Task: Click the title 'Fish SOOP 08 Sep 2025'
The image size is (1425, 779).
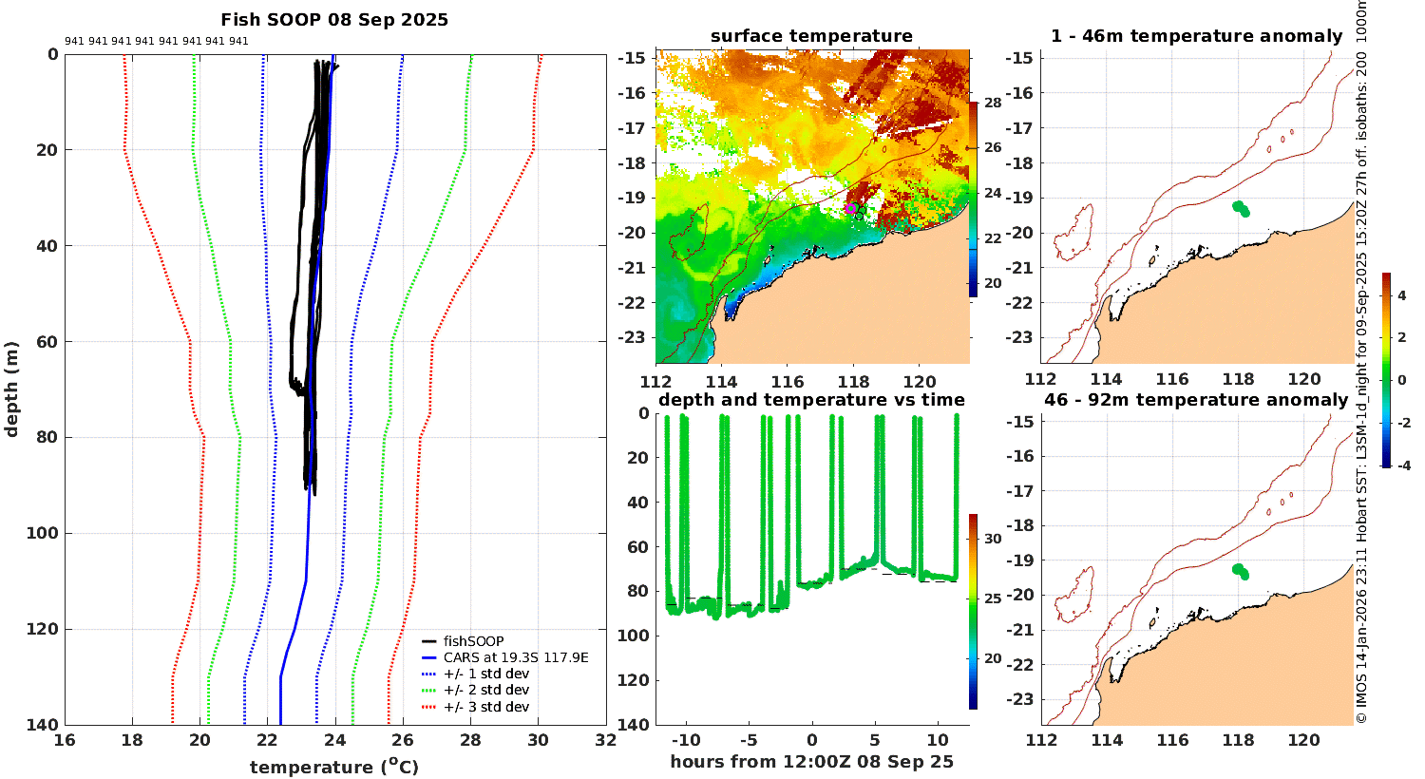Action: (334, 20)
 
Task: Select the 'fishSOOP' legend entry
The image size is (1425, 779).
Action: (473, 641)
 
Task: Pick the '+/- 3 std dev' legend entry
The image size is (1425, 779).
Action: (485, 707)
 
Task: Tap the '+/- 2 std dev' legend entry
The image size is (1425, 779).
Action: (485, 690)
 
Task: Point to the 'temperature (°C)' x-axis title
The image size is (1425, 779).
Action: (334, 767)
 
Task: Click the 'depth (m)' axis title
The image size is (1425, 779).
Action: (12, 389)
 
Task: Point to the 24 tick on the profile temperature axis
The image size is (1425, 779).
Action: (335, 740)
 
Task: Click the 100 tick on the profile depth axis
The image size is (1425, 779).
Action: (43, 533)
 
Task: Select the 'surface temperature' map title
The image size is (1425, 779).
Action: (811, 36)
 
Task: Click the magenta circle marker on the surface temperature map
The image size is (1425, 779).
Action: (851, 208)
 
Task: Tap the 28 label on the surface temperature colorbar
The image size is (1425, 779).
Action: (993, 103)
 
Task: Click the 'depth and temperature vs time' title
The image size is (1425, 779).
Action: (811, 400)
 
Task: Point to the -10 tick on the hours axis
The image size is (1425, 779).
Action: (686, 740)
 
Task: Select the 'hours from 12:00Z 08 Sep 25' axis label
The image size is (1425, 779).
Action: (811, 762)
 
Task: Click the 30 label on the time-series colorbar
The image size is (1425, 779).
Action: (993, 539)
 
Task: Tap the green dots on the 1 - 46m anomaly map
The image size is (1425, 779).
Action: (1241, 208)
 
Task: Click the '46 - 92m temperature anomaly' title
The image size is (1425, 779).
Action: (1196, 400)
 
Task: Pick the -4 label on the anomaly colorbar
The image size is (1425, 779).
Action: (1402, 465)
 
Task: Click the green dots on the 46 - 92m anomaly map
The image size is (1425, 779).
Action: (1241, 571)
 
